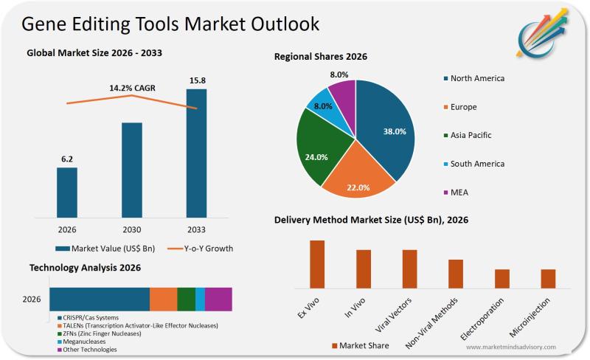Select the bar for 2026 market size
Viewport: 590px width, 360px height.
click(67, 193)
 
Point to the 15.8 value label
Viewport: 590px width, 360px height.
click(197, 80)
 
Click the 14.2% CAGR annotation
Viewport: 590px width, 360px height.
click(133, 88)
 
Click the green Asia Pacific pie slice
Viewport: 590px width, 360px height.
click(316, 151)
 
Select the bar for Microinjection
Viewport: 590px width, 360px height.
click(548, 279)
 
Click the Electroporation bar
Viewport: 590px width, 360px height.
click(502, 279)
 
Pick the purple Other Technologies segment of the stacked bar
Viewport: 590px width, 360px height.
click(218, 299)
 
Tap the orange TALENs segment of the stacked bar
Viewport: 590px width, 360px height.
click(163, 299)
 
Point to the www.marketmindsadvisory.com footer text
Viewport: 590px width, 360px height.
click(510, 347)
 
